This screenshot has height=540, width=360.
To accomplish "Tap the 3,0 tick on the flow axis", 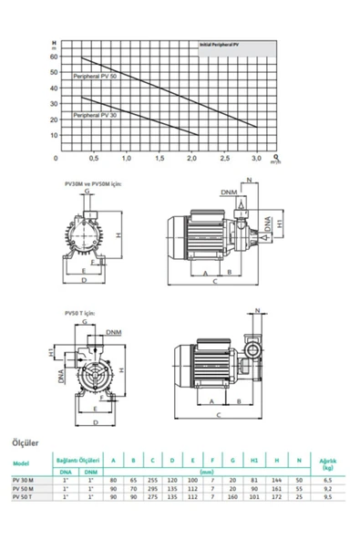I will [257, 159].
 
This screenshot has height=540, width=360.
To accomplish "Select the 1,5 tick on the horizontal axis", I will [159, 159].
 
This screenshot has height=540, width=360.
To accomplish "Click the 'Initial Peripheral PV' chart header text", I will [223, 44].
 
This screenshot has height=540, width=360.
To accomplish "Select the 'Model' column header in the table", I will [23, 462].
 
